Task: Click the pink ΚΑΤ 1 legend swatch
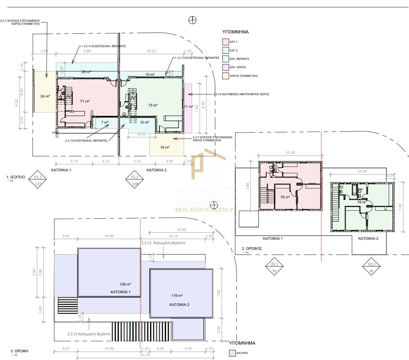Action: point(226,42)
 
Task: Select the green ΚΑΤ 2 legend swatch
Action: point(226,50)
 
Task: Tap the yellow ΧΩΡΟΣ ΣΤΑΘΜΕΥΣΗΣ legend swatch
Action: point(226,76)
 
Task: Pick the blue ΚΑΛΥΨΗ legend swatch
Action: point(232,353)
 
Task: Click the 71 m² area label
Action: point(85,101)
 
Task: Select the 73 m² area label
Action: point(153,105)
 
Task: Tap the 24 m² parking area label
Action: point(45,96)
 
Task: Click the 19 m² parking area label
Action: point(165,147)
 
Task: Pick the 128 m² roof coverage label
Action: point(125,285)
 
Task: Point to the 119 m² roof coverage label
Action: point(177,296)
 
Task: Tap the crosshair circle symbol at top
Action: point(192,20)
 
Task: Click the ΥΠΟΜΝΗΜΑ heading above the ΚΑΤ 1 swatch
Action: point(235,32)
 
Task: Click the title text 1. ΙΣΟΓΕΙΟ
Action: point(15,177)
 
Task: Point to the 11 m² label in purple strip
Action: point(188,107)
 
